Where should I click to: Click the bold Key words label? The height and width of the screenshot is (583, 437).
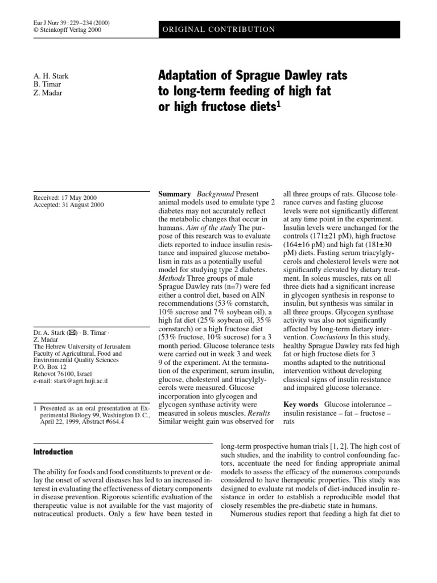point(301,404)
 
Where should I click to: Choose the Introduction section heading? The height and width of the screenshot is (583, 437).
point(53,451)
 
